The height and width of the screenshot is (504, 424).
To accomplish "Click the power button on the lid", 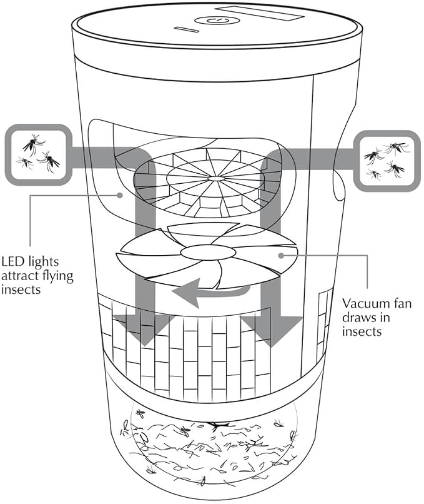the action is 217,21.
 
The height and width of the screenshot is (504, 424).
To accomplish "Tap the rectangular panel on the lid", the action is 260,14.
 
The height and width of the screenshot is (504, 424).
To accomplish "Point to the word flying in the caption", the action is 59,276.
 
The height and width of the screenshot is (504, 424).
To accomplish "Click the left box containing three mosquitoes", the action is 38,154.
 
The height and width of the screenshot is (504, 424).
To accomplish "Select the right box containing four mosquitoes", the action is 387,161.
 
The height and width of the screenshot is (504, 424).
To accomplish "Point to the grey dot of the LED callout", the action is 120,195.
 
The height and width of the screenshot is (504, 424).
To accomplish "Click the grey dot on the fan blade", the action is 281,256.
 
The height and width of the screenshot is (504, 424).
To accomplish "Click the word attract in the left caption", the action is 21,276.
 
